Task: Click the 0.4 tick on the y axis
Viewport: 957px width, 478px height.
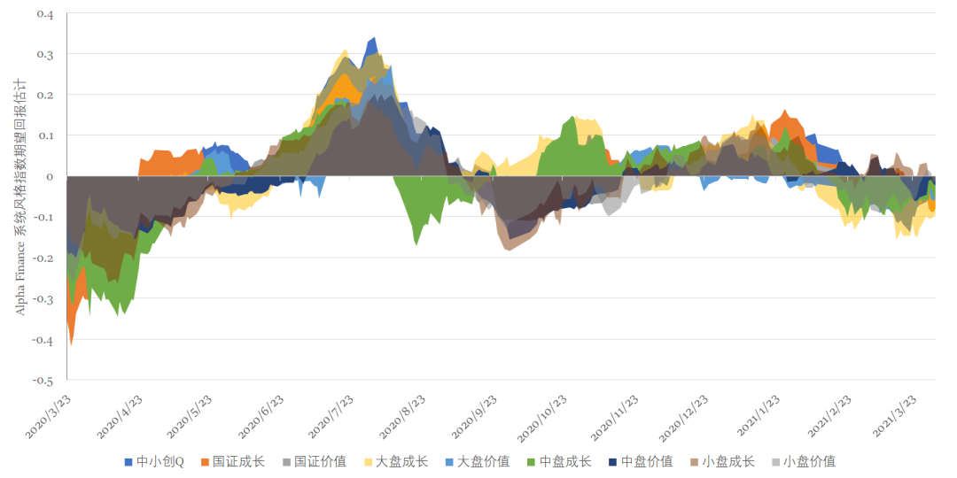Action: (45, 15)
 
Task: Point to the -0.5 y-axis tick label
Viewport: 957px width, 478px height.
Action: (43, 381)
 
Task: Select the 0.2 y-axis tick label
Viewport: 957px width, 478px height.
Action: (45, 96)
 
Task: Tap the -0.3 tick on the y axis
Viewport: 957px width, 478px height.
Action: (43, 299)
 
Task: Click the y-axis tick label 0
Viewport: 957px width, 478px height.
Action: (51, 177)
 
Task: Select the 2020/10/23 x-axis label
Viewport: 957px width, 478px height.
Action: (542, 416)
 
